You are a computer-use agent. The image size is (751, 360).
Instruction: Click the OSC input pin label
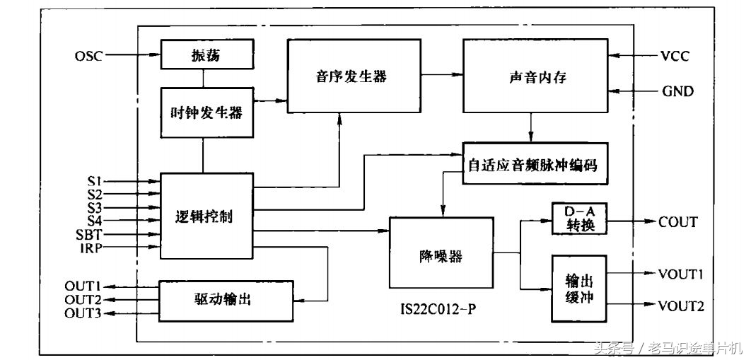(x=88, y=56)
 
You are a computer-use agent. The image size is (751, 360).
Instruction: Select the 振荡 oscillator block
(x=205, y=55)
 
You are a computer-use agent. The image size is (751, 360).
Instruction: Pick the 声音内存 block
(x=536, y=76)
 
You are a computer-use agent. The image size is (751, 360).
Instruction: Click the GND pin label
(x=677, y=91)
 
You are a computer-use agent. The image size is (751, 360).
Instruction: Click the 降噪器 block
(x=441, y=252)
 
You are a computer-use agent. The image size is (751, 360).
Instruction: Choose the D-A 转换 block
(x=578, y=220)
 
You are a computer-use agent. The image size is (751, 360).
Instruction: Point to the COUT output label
(x=677, y=221)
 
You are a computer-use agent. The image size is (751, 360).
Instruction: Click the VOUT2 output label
(x=681, y=306)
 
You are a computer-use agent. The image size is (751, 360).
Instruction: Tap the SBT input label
(x=89, y=233)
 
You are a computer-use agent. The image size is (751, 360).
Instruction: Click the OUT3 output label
(x=83, y=313)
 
